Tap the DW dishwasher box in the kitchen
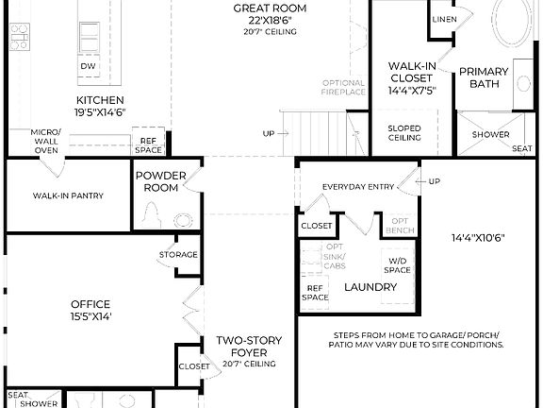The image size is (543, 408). [x=88, y=66]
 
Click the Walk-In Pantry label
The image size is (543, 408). [x=68, y=195]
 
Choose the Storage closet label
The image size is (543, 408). [x=178, y=254]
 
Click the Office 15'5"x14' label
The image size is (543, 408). [x=90, y=310]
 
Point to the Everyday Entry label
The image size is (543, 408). [x=358, y=187]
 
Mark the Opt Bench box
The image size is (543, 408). [x=399, y=225]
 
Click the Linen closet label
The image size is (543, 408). [x=444, y=19]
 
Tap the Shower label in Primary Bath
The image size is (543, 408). [x=490, y=134]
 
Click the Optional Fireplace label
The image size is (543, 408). [x=343, y=87]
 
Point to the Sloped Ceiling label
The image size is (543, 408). [x=404, y=132]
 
